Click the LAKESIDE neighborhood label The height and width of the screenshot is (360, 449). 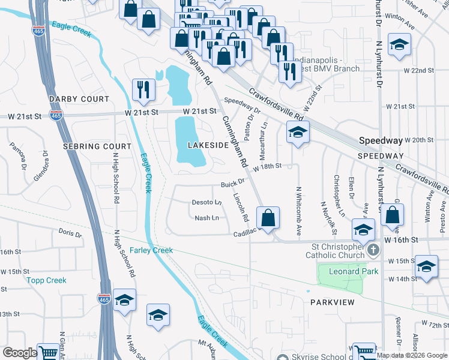point(208,145)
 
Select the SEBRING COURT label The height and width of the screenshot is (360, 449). point(97,146)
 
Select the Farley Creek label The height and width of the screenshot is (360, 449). point(150,250)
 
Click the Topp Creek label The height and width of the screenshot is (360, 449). point(46,280)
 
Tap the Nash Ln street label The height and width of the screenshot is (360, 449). point(206,218)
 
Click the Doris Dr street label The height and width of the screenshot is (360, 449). point(70,233)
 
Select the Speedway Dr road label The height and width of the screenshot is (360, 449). point(243,106)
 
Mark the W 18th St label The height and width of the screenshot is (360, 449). point(267,170)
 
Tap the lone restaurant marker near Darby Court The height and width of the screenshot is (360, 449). point(143,89)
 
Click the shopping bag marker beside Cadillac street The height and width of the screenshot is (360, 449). point(269,217)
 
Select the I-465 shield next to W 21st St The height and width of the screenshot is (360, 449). point(55,115)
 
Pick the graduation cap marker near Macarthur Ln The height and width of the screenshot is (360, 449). point(297,133)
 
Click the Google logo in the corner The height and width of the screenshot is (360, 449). point(19,353)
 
